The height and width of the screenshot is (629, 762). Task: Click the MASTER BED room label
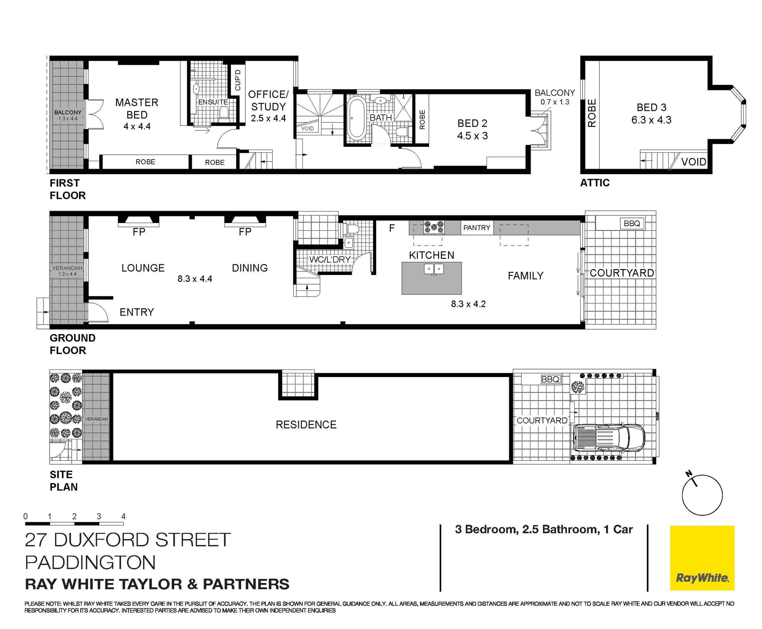tap(137, 108)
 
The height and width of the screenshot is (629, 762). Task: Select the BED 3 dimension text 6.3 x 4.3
tap(651, 120)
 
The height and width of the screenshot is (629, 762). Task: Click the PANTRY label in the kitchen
tap(477, 228)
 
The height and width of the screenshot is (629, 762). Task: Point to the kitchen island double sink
tap(434, 269)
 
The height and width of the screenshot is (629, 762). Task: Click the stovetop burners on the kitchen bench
tap(434, 227)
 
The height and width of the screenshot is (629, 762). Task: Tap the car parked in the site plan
tap(609, 439)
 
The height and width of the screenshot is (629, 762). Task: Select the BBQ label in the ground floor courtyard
tap(632, 223)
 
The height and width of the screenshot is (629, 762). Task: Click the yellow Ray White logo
tap(702, 558)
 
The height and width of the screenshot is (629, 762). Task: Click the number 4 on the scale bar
tap(123, 516)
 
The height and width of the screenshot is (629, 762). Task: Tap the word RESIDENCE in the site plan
tap(306, 425)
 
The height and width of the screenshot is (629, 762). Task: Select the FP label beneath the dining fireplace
tap(245, 232)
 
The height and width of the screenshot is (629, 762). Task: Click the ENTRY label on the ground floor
tap(137, 312)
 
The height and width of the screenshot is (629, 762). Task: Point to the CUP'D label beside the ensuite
tap(238, 80)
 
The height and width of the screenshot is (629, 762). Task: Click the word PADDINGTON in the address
tap(90, 562)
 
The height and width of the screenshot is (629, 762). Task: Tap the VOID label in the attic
tap(694, 162)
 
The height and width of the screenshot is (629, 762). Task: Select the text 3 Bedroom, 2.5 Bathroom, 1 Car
tap(544, 529)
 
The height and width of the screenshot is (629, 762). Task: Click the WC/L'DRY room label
tap(330, 260)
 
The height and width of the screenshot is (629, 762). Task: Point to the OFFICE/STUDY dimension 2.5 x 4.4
tap(268, 118)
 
